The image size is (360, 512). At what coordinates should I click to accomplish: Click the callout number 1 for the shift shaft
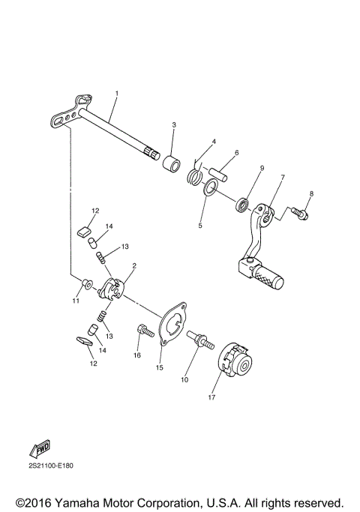pyautogui.click(x=117, y=93)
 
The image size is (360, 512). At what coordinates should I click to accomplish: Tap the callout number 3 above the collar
pyautogui.click(x=174, y=124)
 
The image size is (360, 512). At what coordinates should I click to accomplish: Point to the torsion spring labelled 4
pyautogui.click(x=193, y=175)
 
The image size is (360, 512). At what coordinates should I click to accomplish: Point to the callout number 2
pyautogui.click(x=133, y=266)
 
